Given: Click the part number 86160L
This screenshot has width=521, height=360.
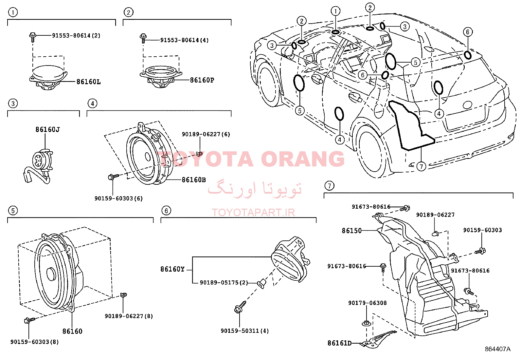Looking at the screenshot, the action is [89, 82].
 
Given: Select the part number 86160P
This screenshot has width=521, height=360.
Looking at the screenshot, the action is [202, 80].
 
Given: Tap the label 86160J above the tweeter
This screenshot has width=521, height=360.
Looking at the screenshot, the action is [47, 129].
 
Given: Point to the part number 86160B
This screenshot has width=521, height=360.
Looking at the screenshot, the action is [194, 180].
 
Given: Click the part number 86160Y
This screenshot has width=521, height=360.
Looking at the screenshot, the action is [172, 269].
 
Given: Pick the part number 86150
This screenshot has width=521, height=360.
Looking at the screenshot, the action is [352, 231].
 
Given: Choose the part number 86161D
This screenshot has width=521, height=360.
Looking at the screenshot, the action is [340, 343].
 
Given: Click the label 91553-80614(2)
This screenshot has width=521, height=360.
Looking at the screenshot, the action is [76, 36].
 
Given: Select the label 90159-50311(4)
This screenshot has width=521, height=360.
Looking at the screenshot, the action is [245, 331].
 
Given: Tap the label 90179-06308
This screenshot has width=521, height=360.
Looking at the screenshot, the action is [368, 303].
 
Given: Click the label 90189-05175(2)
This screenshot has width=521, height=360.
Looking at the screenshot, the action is [224, 283].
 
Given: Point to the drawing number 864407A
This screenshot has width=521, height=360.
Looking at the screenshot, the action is [498, 349].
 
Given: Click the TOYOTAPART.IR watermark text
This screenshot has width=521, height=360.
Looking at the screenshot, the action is [253, 213].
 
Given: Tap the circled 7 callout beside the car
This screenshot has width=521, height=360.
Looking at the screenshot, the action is [421, 166].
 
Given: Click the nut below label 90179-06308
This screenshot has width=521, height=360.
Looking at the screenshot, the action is [367, 323].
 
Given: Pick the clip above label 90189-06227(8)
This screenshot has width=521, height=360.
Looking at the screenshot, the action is [123, 295].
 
